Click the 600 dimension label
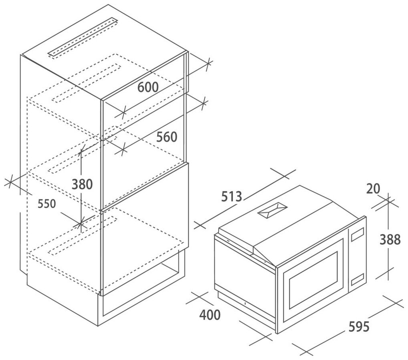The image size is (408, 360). (x=148, y=87)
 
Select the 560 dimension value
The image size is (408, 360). (x=166, y=137)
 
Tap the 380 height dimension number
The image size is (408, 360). (x=82, y=184)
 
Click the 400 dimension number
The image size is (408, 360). (x=210, y=315)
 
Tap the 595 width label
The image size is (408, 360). (x=357, y=326)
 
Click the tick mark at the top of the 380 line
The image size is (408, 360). (x=82, y=151)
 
